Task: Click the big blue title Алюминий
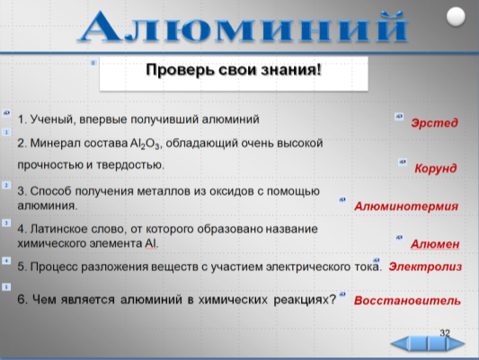[243, 27]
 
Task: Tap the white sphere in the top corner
[456, 16]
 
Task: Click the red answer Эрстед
[434, 123]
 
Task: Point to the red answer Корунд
[436, 168]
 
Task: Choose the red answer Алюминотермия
[406, 206]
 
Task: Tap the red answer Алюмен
[435, 244]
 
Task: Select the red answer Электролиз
[425, 267]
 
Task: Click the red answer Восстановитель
[407, 301]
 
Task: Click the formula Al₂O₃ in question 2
[145, 144]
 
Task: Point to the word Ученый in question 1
[53, 119]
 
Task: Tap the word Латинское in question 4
[59, 229]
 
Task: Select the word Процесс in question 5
[54, 267]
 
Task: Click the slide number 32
[445, 333]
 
